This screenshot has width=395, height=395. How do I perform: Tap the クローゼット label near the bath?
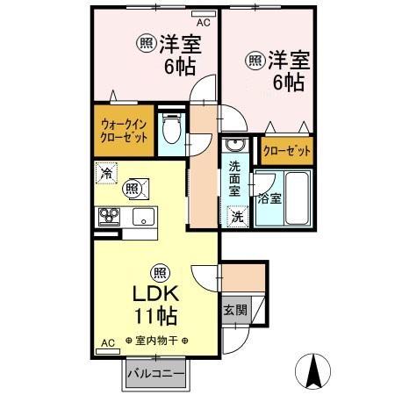(286, 151)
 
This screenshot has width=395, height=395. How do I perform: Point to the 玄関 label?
(234, 309)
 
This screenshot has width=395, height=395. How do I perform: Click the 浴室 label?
(269, 197)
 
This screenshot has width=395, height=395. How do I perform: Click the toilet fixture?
(172, 129)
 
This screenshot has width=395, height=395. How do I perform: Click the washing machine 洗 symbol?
(236, 215)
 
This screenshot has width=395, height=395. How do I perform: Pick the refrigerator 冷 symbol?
(105, 174)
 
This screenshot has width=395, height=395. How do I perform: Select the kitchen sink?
(142, 215)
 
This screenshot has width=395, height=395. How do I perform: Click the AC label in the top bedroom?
(203, 23)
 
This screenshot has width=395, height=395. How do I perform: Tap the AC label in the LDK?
(107, 341)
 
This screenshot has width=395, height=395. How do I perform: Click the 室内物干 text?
(155, 341)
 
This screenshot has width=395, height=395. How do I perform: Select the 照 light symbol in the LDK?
(158, 270)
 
